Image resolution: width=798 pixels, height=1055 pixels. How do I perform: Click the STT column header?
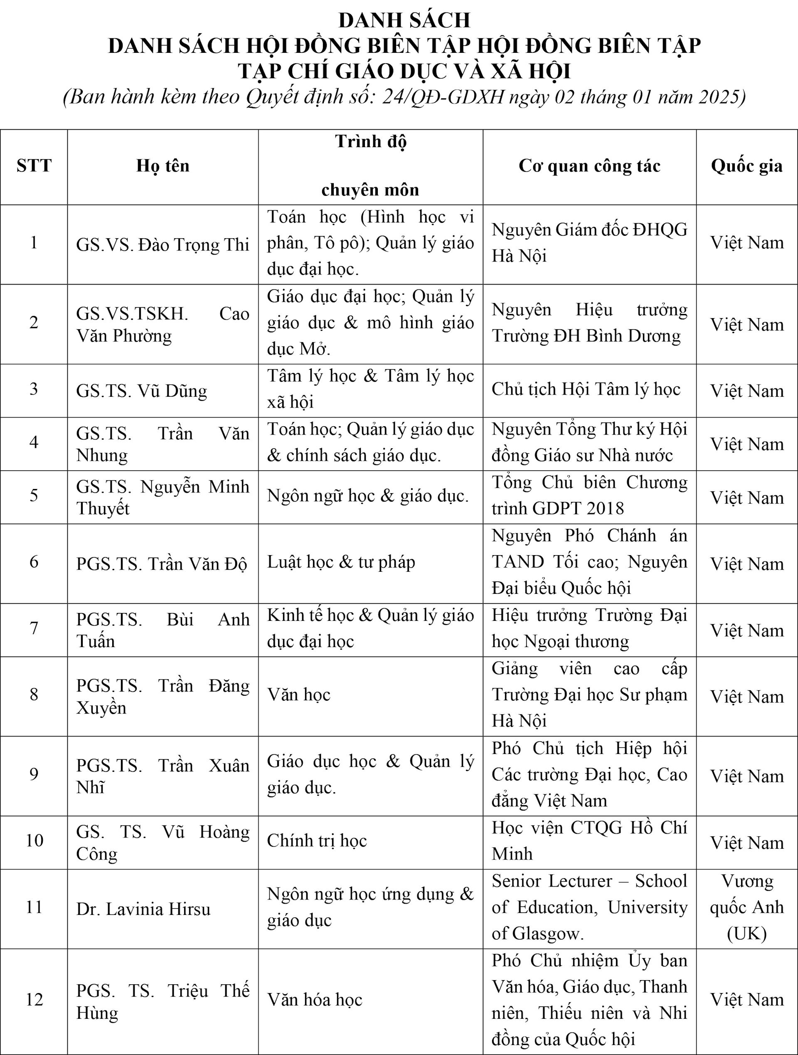coord(34,166)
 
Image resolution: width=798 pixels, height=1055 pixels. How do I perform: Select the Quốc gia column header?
coord(746,166)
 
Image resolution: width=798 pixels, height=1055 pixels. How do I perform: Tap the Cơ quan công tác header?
coord(589,166)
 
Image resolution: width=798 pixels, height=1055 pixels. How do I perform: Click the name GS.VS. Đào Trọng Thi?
coord(163,245)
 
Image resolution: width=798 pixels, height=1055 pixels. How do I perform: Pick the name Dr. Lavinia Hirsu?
coord(143,909)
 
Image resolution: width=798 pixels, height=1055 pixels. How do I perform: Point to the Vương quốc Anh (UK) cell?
coord(746,907)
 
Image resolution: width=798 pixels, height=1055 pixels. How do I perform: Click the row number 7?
coord(34,628)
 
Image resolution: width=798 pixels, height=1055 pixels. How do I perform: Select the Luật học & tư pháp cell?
coord(341,562)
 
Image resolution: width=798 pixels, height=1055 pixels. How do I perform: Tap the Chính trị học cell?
coord(317,840)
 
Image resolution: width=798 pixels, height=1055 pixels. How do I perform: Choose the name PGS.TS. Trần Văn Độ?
coord(162,564)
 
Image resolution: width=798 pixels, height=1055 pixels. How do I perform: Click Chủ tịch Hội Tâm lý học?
coord(586,389)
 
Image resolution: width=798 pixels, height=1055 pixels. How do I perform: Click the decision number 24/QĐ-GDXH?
coord(443,97)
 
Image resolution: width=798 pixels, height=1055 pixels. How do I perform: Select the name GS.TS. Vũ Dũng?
coord(142,391)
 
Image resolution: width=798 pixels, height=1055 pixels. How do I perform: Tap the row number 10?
coord(34,840)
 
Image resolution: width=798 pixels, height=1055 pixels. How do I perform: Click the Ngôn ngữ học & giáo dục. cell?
coord(367,496)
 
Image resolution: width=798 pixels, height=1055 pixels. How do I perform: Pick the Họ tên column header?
coord(163,166)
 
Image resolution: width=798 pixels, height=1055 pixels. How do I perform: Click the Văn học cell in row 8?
coord(299,694)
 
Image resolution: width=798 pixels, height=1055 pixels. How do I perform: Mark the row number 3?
coord(34,389)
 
